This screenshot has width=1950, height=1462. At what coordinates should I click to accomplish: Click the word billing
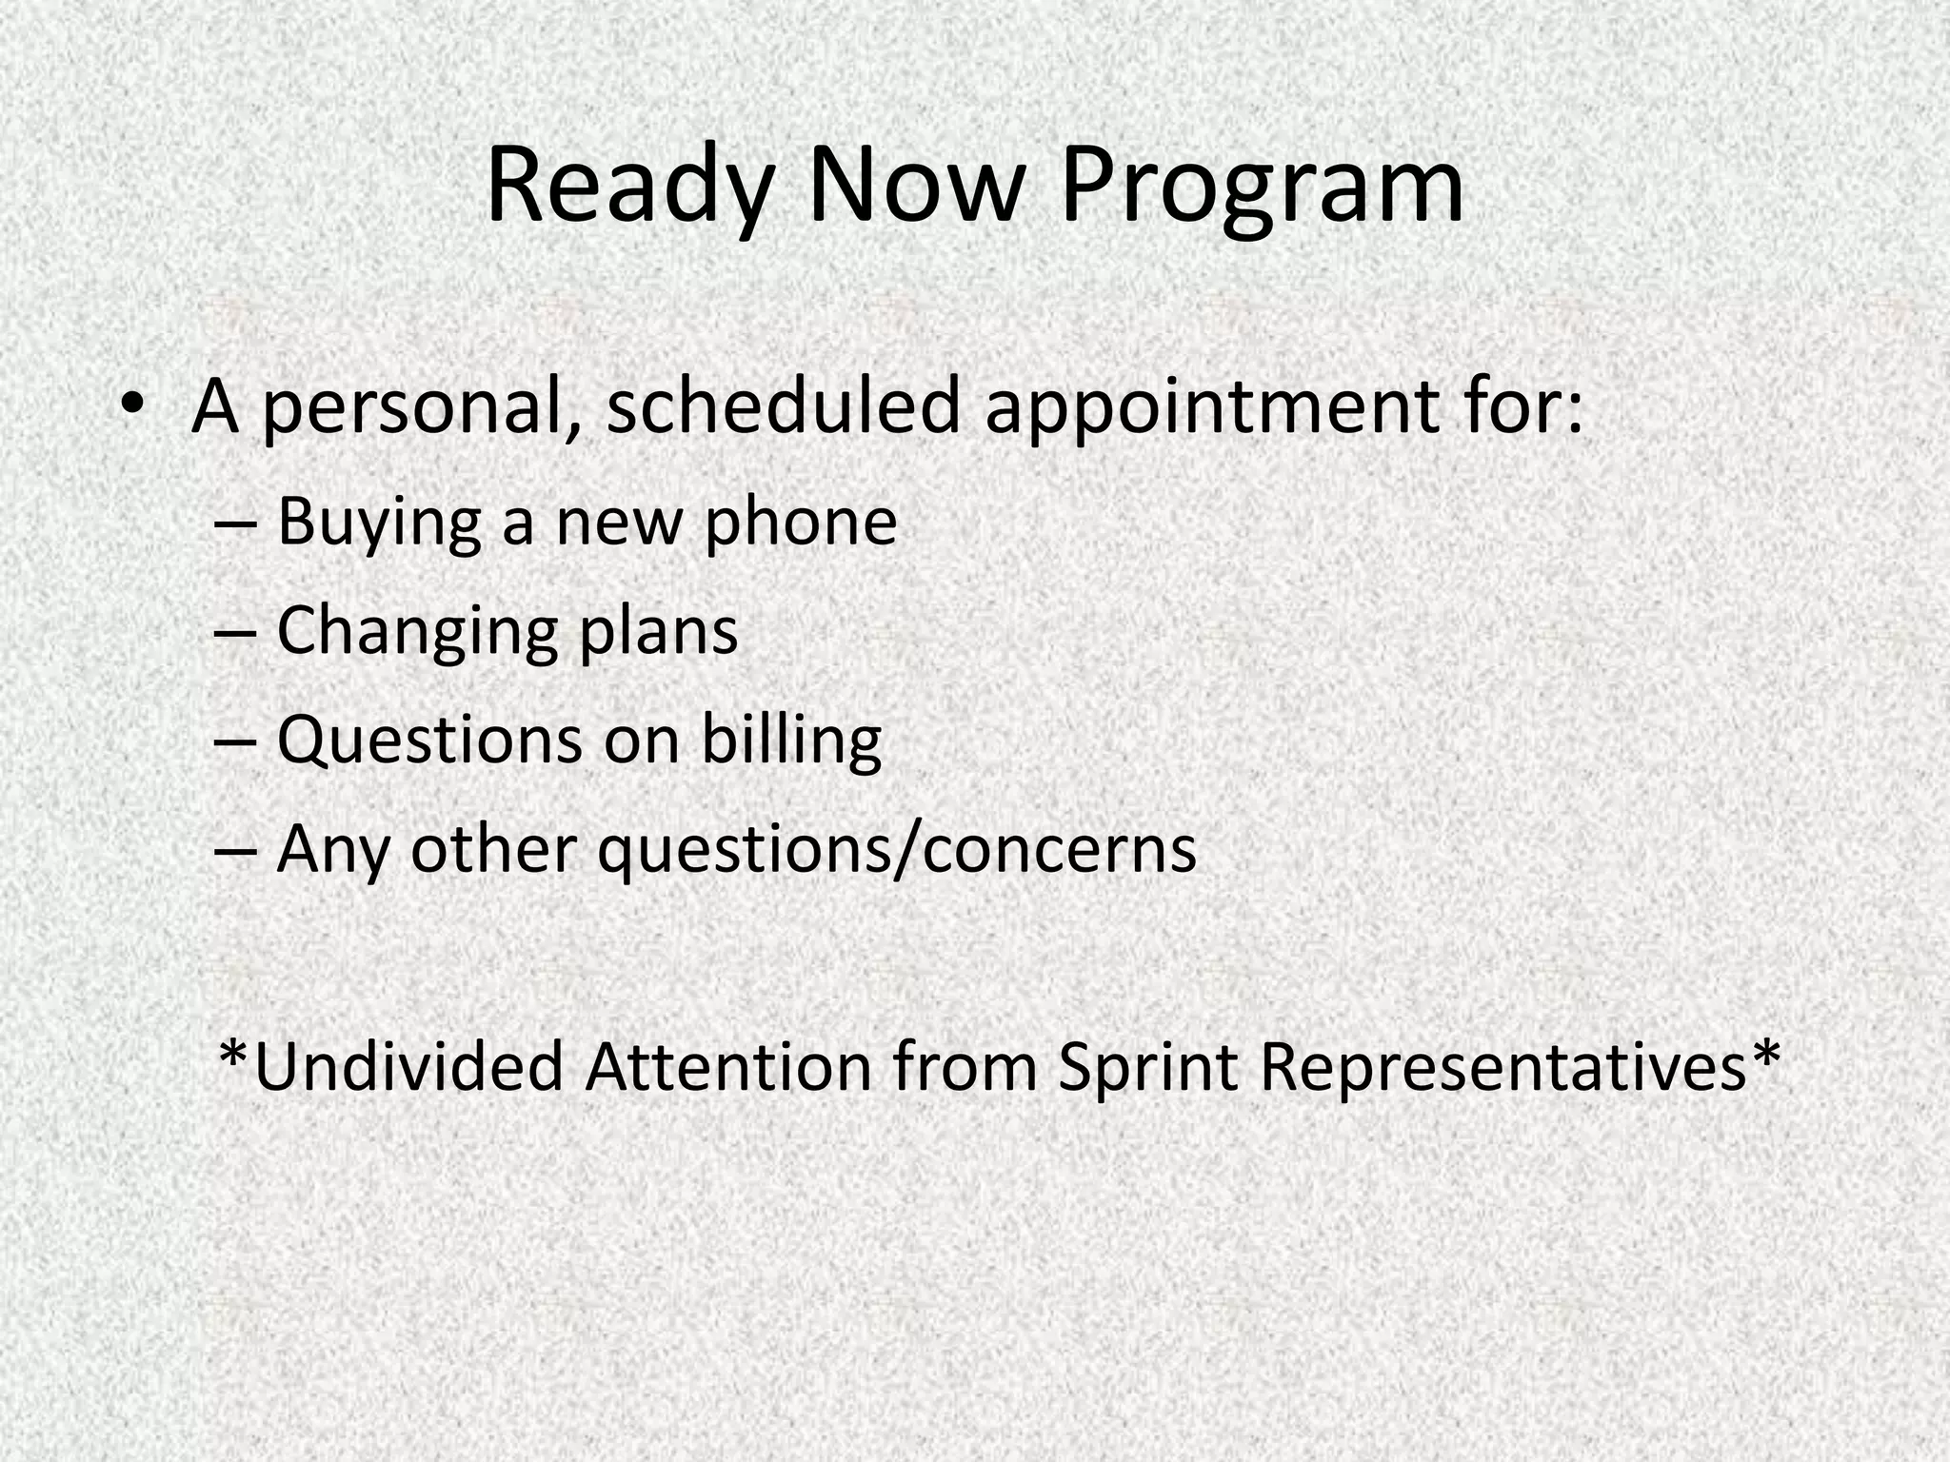tap(791, 740)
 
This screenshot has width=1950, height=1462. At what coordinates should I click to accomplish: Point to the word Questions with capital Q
tap(428, 740)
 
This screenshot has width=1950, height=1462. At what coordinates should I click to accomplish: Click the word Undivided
tap(409, 1067)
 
